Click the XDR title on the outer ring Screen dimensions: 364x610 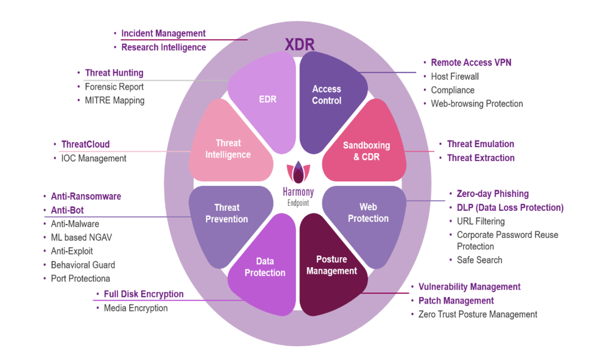coord(300,45)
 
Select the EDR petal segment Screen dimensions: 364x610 coord(268,100)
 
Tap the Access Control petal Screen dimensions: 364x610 coord(327,95)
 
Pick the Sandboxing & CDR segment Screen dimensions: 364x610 coord(366,151)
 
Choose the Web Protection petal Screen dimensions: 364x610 coord(368,214)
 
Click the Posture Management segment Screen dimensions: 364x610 coord(332,265)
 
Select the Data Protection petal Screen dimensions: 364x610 coord(265,267)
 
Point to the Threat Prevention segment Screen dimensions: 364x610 coord(227,214)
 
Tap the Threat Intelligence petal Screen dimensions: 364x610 coord(228,149)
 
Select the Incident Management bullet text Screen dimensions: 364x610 coord(163,33)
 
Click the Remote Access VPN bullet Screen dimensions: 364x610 coord(471,63)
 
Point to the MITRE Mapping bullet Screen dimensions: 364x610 coord(114,100)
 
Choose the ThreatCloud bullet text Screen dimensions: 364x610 coord(85,144)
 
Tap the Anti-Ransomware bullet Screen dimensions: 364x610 coord(86,196)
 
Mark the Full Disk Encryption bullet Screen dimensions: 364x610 coord(144,294)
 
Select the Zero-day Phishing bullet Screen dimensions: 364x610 coord(492,194)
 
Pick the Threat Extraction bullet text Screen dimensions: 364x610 coord(481,158)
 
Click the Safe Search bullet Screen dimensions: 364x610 coord(479,260)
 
